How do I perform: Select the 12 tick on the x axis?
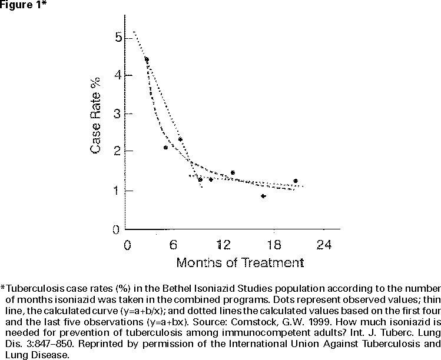[223, 245]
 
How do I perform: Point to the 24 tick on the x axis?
[323, 245]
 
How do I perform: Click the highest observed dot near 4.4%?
[147, 59]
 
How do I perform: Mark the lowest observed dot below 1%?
[263, 196]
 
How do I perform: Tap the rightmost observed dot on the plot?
[296, 181]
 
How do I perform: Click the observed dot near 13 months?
[233, 172]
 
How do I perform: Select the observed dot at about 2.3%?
[180, 139]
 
